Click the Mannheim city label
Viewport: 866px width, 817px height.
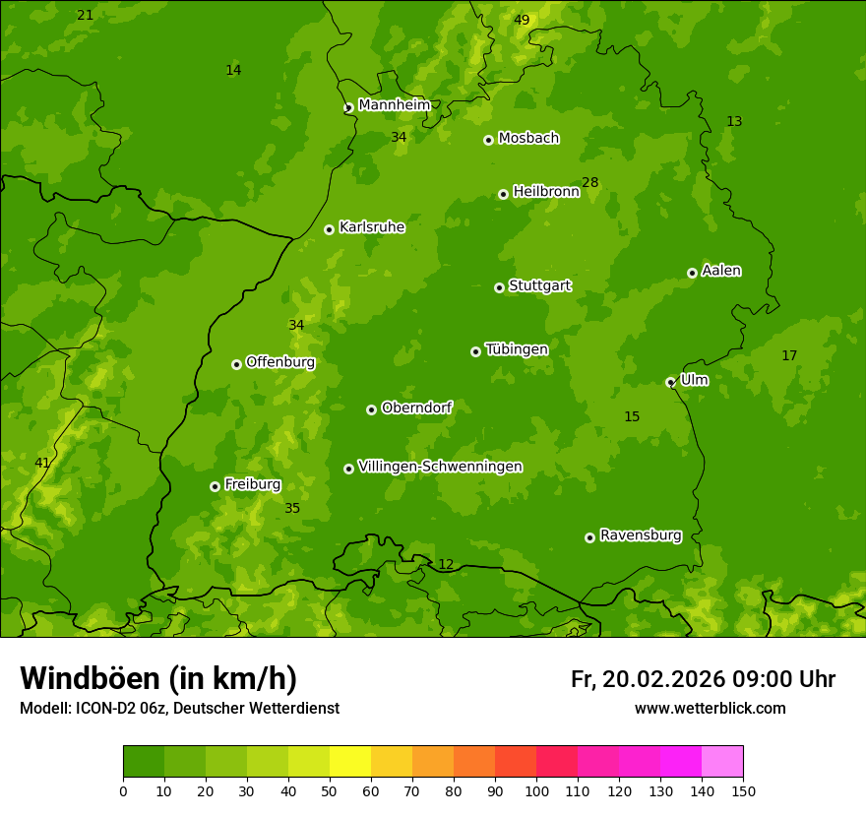pyautogui.click(x=394, y=105)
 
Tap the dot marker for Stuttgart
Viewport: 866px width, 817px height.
pyautogui.click(x=499, y=287)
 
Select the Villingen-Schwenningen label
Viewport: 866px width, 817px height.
pyautogui.click(x=440, y=467)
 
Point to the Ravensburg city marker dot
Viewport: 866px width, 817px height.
pyautogui.click(x=589, y=537)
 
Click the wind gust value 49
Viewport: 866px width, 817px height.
pyautogui.click(x=522, y=20)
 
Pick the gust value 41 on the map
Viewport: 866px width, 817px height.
pyautogui.click(x=42, y=463)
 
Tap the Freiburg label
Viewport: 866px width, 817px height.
pyautogui.click(x=252, y=484)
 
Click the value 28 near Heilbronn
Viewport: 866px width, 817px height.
pyautogui.click(x=589, y=182)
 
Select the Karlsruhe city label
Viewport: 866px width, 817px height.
pyautogui.click(x=371, y=227)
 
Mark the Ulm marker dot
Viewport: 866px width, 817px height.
pyautogui.click(x=670, y=382)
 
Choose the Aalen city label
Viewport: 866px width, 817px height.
pyautogui.click(x=720, y=271)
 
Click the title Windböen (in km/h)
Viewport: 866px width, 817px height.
pyautogui.click(x=158, y=678)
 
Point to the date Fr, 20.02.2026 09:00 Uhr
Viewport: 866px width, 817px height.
pyautogui.click(x=703, y=679)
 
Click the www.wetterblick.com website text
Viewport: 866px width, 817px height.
pyautogui.click(x=710, y=709)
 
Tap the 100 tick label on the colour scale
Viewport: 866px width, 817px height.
pyautogui.click(x=536, y=790)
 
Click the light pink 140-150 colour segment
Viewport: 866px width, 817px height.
pyautogui.click(x=722, y=762)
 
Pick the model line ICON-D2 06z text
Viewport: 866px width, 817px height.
pyautogui.click(x=179, y=709)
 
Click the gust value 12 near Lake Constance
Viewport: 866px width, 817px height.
pyautogui.click(x=446, y=564)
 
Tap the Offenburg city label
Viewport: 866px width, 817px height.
pyautogui.click(x=279, y=362)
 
